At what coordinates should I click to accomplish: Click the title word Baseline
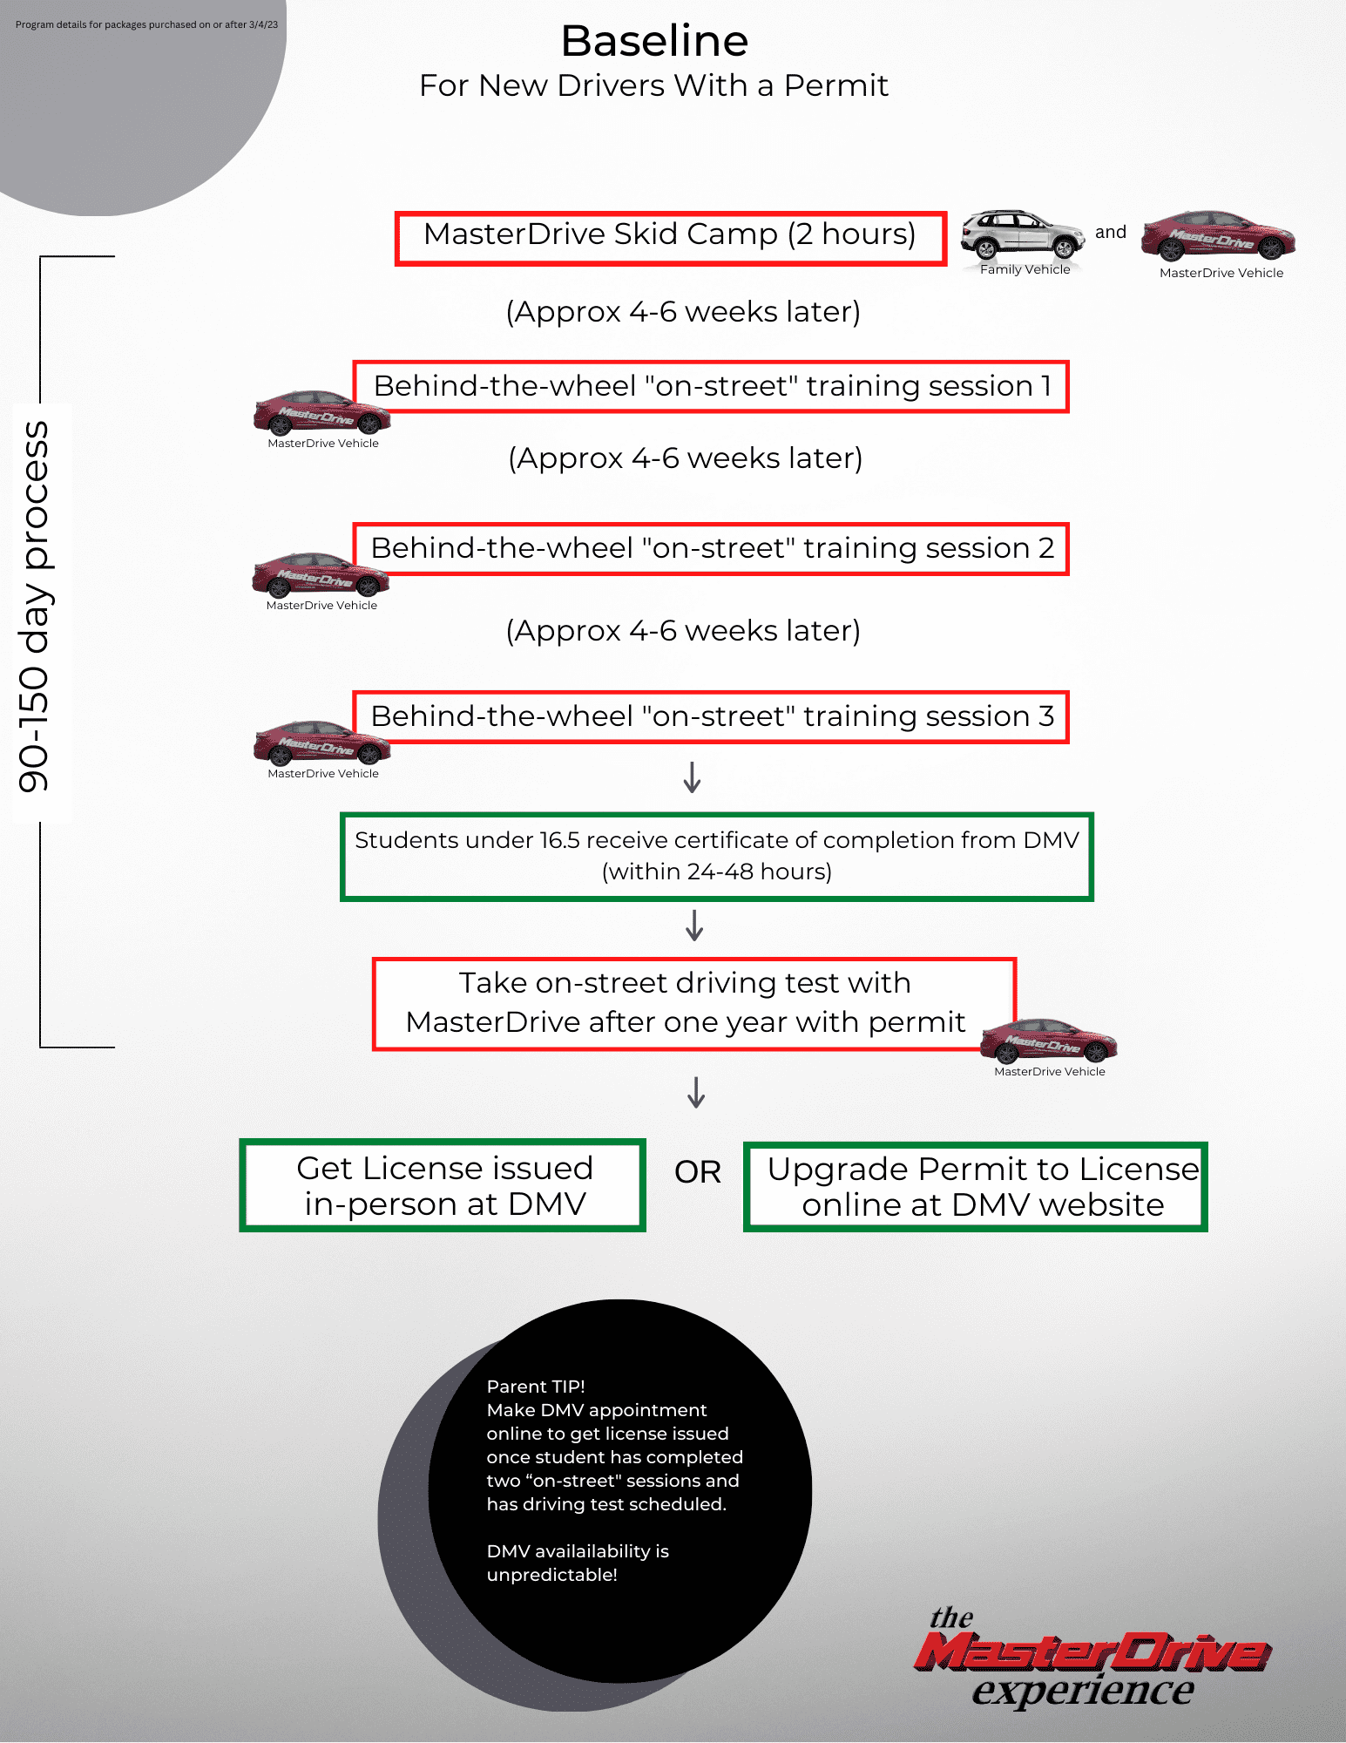(x=654, y=41)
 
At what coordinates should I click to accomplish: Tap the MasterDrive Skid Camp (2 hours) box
(x=670, y=238)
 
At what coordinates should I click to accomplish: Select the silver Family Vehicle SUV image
(x=1022, y=235)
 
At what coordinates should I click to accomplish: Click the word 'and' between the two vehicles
(x=1111, y=233)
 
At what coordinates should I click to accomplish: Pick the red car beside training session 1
(x=321, y=412)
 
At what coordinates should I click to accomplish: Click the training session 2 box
(x=711, y=549)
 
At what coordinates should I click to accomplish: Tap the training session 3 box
(x=711, y=717)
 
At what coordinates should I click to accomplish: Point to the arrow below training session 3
(x=693, y=777)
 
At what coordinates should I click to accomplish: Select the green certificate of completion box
(x=716, y=857)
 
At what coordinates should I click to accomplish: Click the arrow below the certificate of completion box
(x=694, y=926)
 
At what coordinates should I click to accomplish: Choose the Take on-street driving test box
(x=693, y=1004)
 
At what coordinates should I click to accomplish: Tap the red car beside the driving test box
(x=1048, y=1041)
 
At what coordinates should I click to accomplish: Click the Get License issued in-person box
(x=443, y=1185)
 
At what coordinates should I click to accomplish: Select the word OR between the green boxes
(x=697, y=1173)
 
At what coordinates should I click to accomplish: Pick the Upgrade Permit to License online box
(x=975, y=1187)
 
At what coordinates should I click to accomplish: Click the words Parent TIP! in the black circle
(x=536, y=1387)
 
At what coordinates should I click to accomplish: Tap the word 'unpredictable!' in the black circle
(x=551, y=1575)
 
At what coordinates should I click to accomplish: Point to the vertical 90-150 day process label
(x=35, y=607)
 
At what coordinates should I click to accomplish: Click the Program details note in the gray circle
(x=146, y=24)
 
